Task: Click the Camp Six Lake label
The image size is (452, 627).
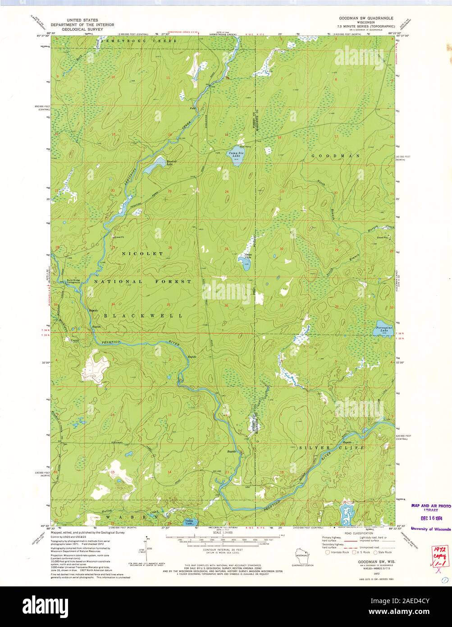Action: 235,154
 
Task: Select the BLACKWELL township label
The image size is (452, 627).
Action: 143,316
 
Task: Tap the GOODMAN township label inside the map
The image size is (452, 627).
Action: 335,156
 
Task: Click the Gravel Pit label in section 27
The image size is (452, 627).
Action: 118,236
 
